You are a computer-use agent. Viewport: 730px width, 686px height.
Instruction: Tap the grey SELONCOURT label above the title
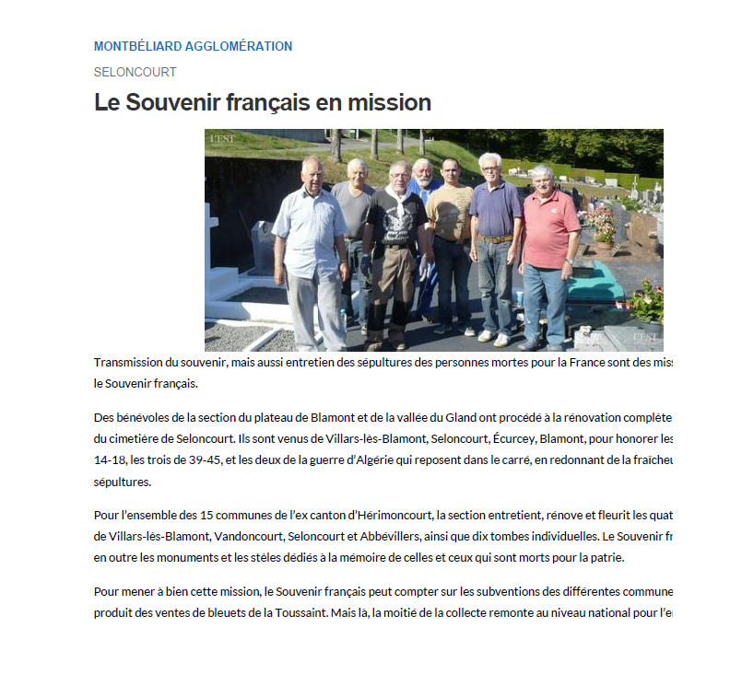click(x=135, y=72)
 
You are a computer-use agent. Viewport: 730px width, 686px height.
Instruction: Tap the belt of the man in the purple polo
click(x=494, y=238)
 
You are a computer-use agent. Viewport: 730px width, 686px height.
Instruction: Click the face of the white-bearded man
click(x=422, y=170)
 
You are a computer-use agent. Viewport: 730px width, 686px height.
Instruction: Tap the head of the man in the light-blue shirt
click(x=312, y=169)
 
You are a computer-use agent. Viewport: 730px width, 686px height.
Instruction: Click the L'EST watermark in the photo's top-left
click(x=222, y=138)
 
